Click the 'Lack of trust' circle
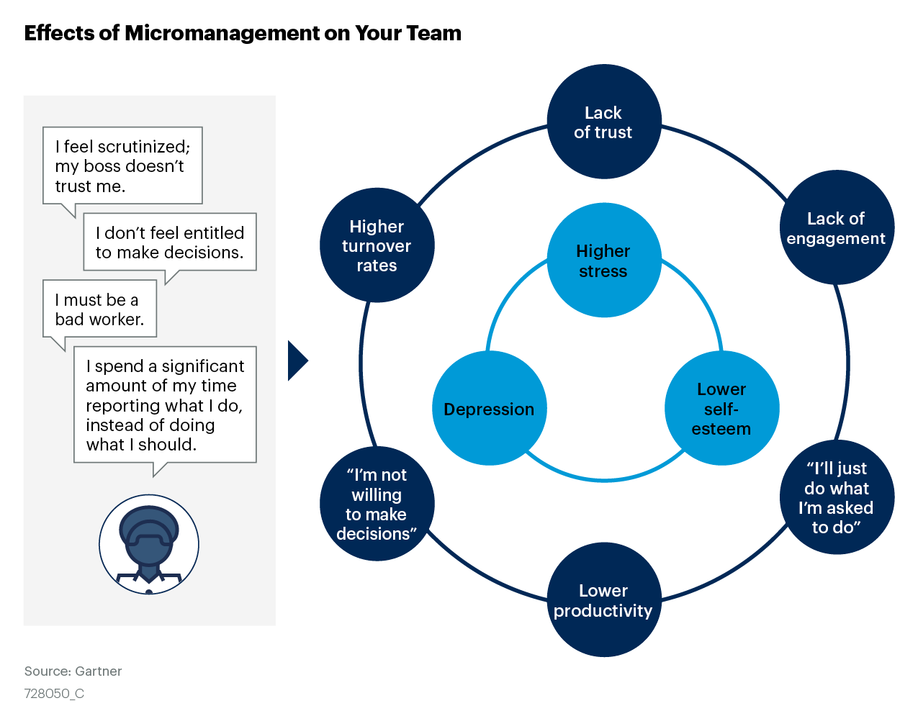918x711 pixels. coord(603,122)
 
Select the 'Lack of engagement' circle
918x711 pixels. coord(837,227)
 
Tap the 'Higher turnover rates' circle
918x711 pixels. coord(377,245)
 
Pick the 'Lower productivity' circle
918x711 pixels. coord(603,599)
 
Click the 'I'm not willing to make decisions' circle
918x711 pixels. coord(377,504)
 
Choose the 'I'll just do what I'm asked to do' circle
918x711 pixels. coord(837,497)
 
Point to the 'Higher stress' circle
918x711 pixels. coord(603,260)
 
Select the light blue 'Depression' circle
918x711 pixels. coord(489,408)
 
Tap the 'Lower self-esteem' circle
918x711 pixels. coord(721,408)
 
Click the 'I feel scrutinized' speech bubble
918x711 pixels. coord(122,166)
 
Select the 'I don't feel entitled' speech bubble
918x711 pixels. coord(170,243)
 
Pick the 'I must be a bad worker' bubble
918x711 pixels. coord(99,309)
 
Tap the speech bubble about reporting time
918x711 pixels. coord(165,405)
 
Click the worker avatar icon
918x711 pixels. coord(149,544)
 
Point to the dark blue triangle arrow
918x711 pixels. coord(297,361)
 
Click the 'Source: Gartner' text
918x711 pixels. coord(73,671)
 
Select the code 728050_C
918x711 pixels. coord(54,694)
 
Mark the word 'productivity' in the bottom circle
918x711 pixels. coord(603,610)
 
